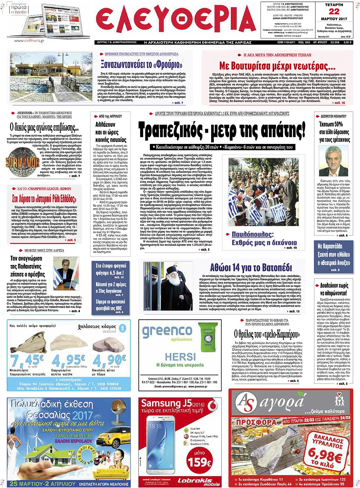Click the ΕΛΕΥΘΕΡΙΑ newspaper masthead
175,21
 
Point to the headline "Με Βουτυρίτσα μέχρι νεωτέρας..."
277,66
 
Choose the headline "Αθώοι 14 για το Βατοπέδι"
251,268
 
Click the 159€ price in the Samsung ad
200,461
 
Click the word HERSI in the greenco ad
180,356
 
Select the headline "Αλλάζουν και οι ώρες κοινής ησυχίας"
111,132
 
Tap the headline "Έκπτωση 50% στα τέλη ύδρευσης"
334,132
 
